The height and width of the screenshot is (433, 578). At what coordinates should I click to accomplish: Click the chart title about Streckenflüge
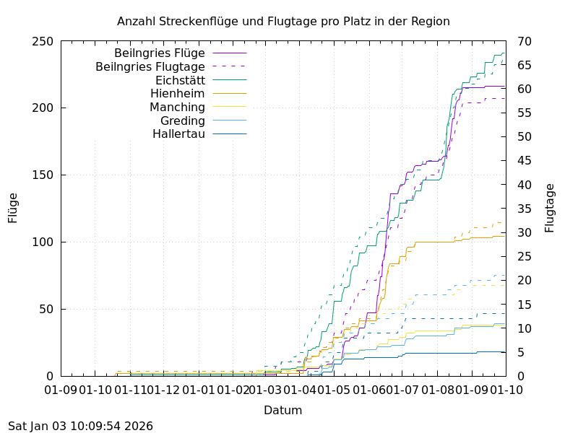(283, 21)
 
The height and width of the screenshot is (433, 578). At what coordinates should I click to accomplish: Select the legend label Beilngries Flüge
(160, 53)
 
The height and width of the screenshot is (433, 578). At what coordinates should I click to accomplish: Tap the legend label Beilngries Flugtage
(150, 66)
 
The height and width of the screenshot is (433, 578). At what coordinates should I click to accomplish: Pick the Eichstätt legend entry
(180, 80)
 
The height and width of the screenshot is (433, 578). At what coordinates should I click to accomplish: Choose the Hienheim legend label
(178, 93)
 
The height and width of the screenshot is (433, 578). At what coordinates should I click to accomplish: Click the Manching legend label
(177, 107)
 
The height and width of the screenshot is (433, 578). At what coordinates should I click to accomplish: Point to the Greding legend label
(183, 121)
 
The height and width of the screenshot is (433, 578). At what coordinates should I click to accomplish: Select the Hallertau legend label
(178, 134)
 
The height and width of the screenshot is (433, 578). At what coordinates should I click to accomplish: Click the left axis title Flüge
(13, 208)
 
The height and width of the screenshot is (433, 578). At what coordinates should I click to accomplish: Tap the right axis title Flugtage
(550, 208)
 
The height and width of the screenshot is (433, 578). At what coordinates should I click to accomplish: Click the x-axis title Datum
(282, 411)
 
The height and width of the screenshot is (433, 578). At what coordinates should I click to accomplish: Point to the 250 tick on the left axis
(43, 41)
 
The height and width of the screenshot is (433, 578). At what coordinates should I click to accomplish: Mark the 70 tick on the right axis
(525, 41)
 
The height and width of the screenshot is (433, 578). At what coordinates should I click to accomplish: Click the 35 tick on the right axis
(525, 209)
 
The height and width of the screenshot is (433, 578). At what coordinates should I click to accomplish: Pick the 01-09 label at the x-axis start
(61, 390)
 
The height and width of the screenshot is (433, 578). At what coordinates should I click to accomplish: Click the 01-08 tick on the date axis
(439, 390)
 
